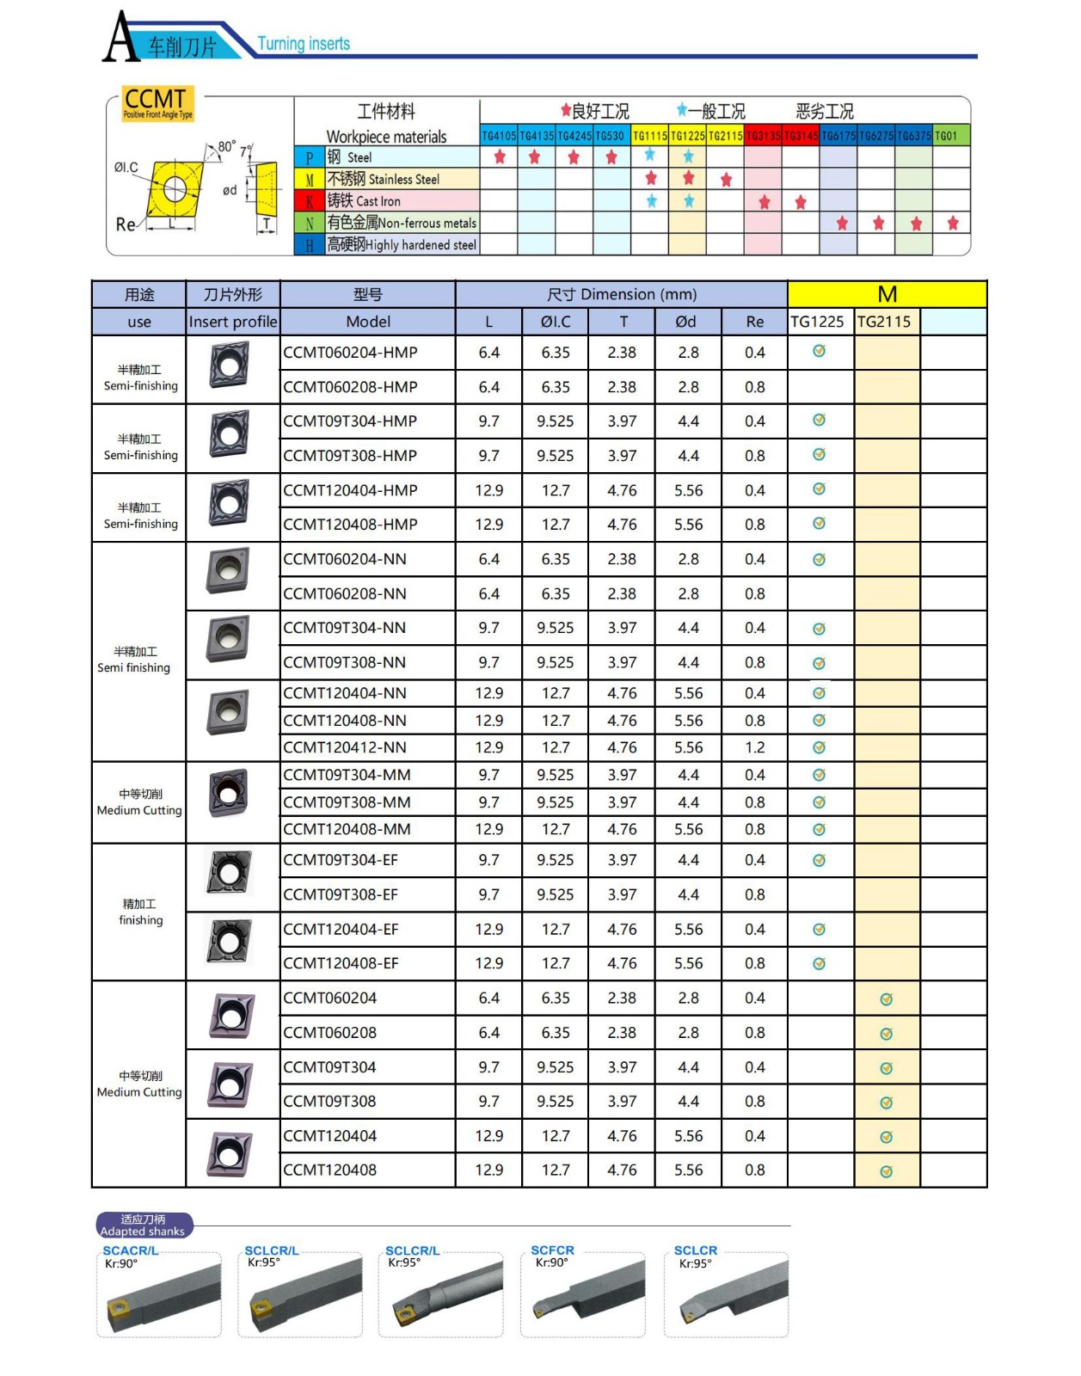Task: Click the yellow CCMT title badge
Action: (x=158, y=103)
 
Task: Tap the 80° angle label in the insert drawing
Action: (x=225, y=146)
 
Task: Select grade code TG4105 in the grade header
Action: (x=499, y=136)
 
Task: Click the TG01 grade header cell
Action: (x=946, y=136)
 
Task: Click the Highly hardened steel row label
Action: (x=401, y=245)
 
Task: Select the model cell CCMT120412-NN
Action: (x=345, y=747)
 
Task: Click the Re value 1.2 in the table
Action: (x=754, y=747)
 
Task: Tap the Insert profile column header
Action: (x=233, y=322)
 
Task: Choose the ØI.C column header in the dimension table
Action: (x=556, y=322)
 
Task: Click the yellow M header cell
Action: (x=887, y=295)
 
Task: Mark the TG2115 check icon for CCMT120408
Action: (x=887, y=1171)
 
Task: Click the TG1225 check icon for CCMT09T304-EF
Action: (x=820, y=860)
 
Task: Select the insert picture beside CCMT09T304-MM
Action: (x=230, y=793)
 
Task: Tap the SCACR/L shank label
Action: (x=131, y=1250)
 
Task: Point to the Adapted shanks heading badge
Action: (x=144, y=1225)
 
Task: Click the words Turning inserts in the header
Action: (x=304, y=44)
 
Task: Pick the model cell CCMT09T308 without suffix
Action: (x=329, y=1102)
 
